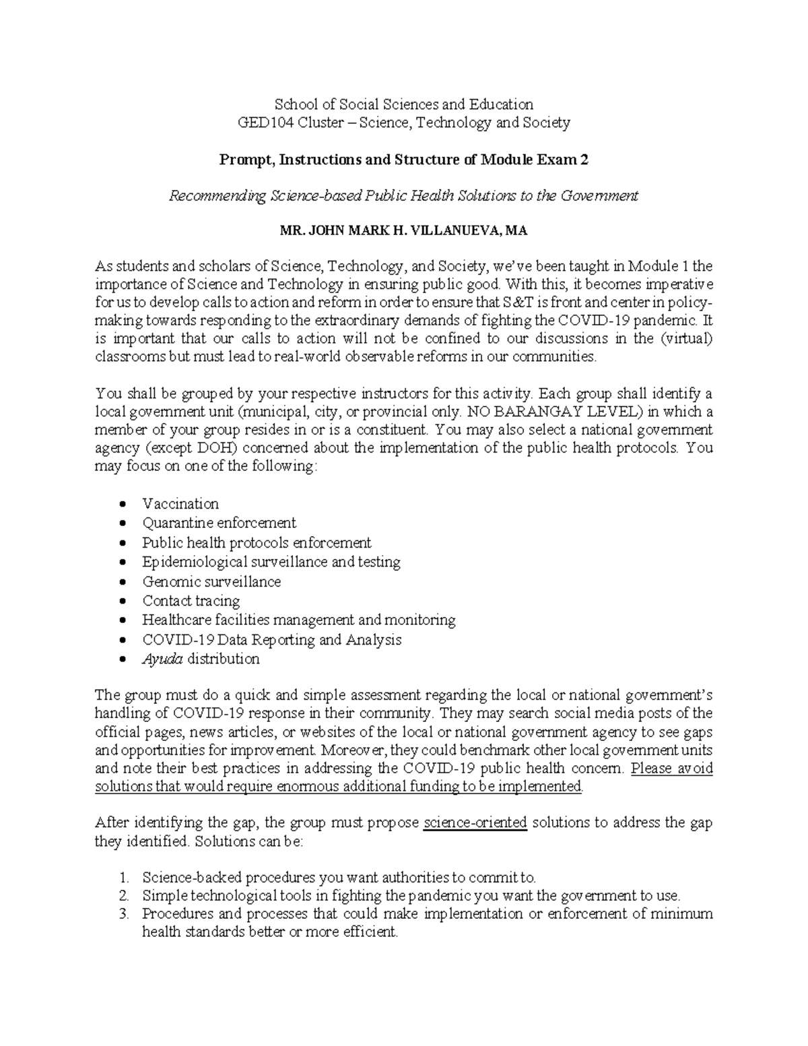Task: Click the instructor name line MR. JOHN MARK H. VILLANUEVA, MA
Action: (x=403, y=231)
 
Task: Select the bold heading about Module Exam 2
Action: (x=403, y=160)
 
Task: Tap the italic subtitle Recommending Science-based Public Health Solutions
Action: (x=403, y=196)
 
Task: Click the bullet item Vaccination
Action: (x=180, y=504)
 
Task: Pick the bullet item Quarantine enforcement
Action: (x=219, y=523)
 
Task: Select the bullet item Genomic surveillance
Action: (x=211, y=581)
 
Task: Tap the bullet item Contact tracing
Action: (x=191, y=601)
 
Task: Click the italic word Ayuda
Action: (x=162, y=659)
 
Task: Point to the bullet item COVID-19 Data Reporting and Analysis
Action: (x=271, y=639)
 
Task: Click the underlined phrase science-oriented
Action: (x=475, y=822)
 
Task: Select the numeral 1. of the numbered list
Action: (x=123, y=878)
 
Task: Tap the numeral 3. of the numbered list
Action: (x=123, y=914)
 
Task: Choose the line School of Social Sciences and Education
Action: (x=403, y=104)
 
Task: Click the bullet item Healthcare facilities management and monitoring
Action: (x=298, y=620)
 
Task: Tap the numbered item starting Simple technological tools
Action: (x=411, y=896)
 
